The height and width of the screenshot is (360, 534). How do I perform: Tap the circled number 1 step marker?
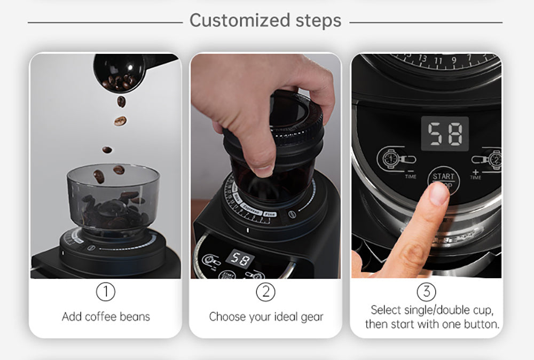pos(105,292)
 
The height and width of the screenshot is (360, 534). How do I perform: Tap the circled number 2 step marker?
pos(265,292)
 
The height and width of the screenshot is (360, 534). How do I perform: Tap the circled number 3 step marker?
pos(426,292)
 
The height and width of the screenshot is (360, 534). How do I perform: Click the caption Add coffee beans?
pos(106,317)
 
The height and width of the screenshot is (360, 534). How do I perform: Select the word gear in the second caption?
pos(312,317)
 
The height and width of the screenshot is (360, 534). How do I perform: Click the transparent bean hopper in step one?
pos(113,198)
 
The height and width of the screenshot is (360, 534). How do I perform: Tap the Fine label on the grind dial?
pos(270,214)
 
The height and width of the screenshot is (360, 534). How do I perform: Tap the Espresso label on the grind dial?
pos(251,210)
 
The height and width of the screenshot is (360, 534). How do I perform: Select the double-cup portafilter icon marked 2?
pos(490,159)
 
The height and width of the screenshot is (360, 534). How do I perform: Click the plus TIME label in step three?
pos(475,175)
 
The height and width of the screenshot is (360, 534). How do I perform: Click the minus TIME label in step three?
pos(411,174)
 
